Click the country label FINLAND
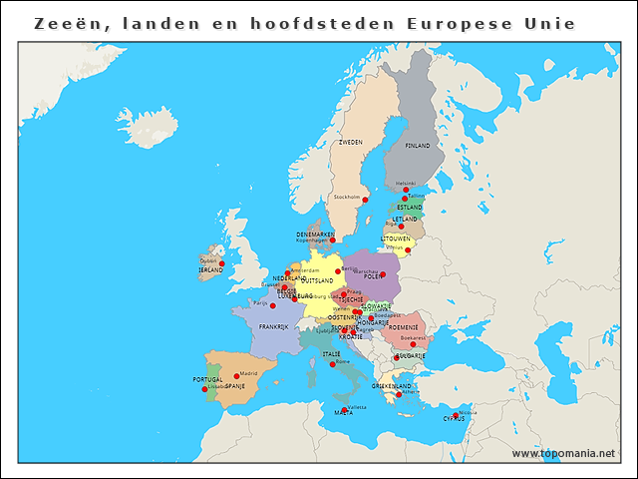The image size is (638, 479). pos(417,146)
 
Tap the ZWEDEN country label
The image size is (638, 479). pos(351,143)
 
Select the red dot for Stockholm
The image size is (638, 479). pos(365,200)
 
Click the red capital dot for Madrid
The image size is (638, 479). pos(236,376)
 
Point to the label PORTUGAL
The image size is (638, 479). pos(207,380)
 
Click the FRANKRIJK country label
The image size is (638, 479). pos(273,326)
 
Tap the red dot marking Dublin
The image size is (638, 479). pos(222,263)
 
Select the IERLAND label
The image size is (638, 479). pos(210,270)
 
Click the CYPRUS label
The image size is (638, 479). pos(455,419)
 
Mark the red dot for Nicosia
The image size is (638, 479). pos(456,415)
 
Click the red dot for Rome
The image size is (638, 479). pos(333,364)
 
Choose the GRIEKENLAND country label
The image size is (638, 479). pos(392,386)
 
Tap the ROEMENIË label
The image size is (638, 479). pos(404,327)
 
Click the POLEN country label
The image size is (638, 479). pos(372,276)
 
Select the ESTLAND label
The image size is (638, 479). pos(410,208)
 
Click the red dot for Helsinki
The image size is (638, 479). pos(406,189)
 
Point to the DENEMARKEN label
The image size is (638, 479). pos(315,235)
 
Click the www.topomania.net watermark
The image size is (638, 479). pos(563,453)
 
